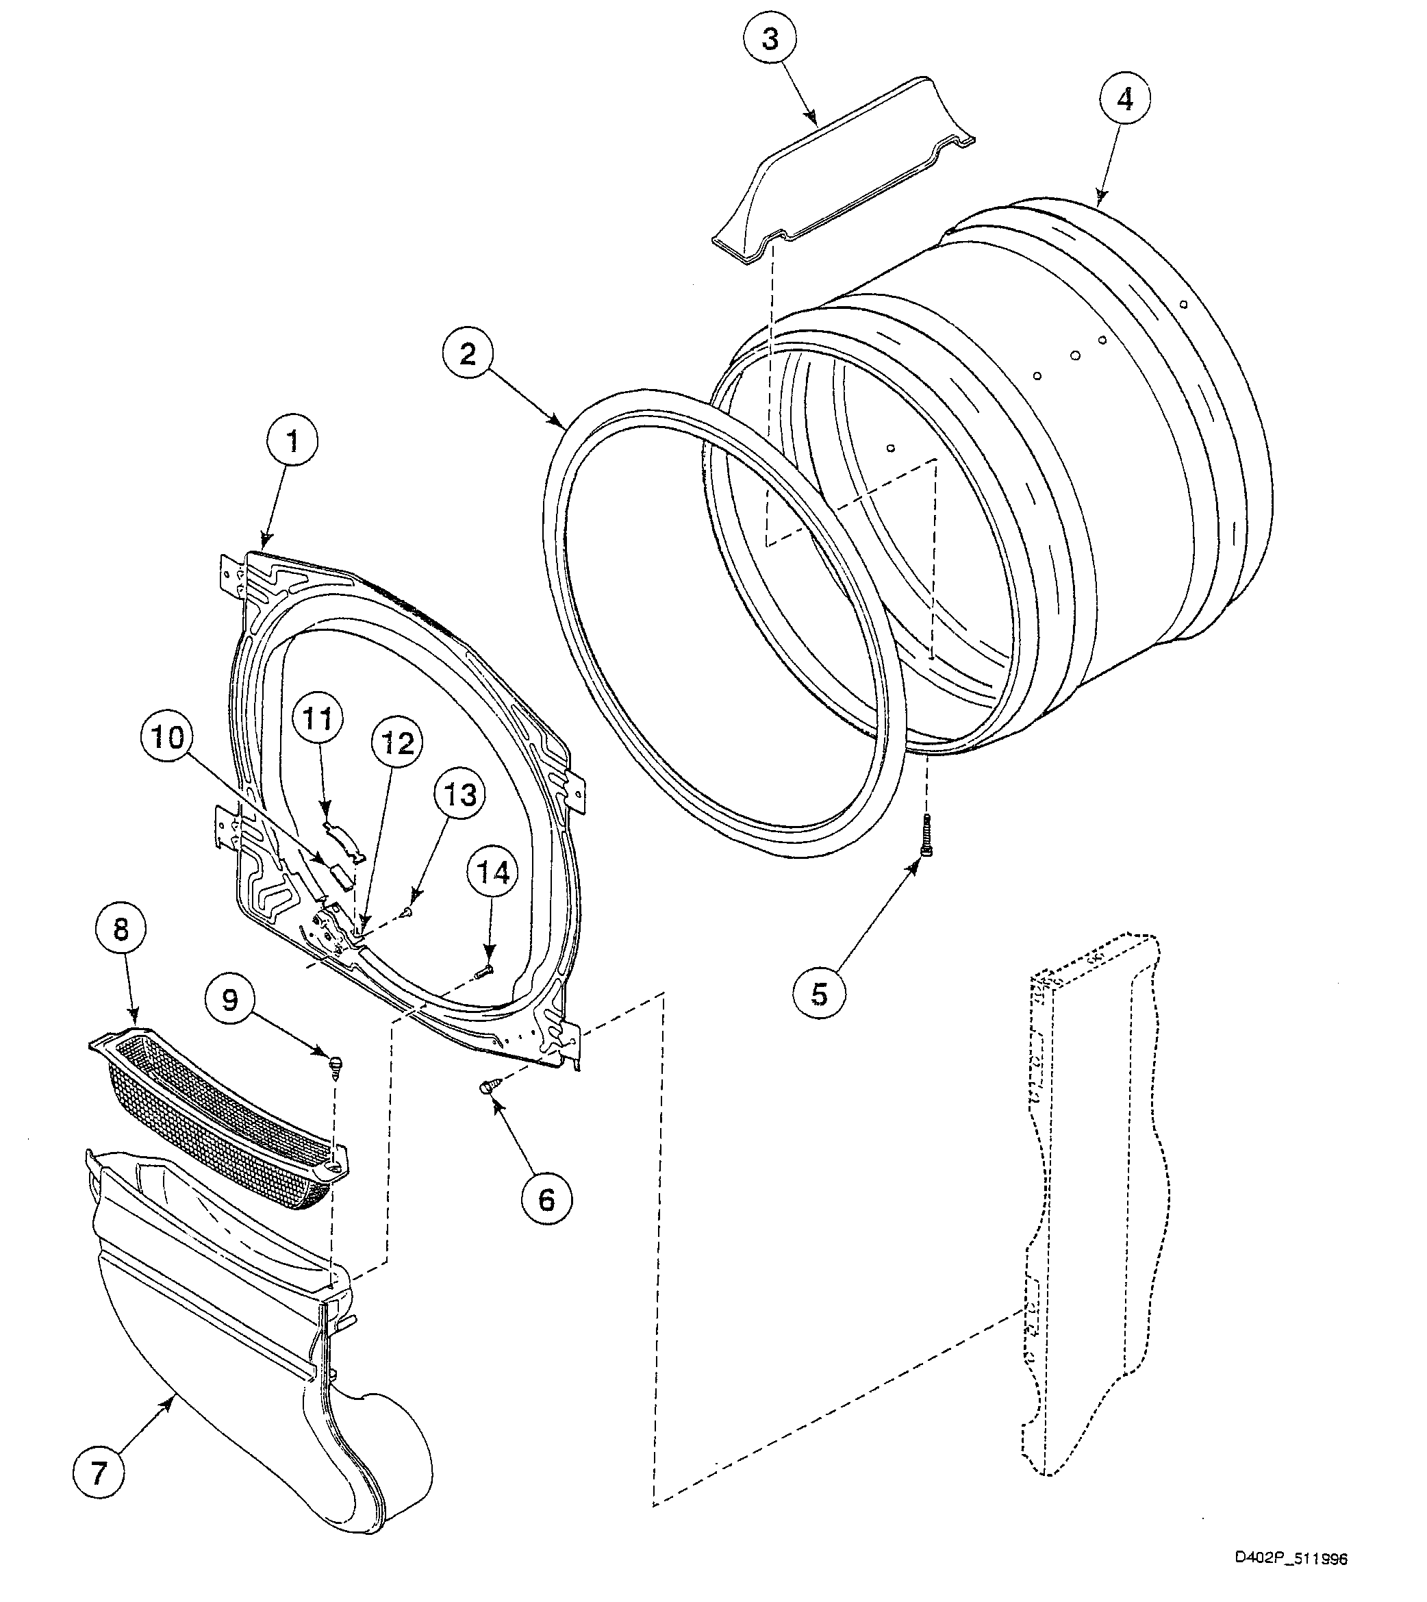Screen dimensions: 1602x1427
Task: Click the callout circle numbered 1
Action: (x=292, y=442)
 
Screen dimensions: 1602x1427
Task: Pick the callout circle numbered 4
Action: (x=1124, y=99)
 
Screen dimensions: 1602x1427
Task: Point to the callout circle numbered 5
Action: (x=820, y=994)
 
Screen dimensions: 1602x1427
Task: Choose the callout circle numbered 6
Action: (x=546, y=1199)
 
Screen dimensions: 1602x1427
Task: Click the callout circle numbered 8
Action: (x=121, y=930)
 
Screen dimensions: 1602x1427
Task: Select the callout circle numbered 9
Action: (x=230, y=1000)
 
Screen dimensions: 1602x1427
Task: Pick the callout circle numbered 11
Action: (x=318, y=718)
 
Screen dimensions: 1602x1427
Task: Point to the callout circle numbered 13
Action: (x=459, y=794)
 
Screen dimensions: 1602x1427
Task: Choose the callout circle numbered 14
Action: (x=493, y=872)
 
